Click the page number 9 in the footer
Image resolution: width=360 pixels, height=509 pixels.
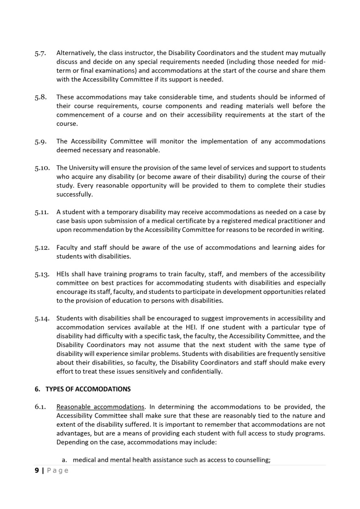36,470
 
